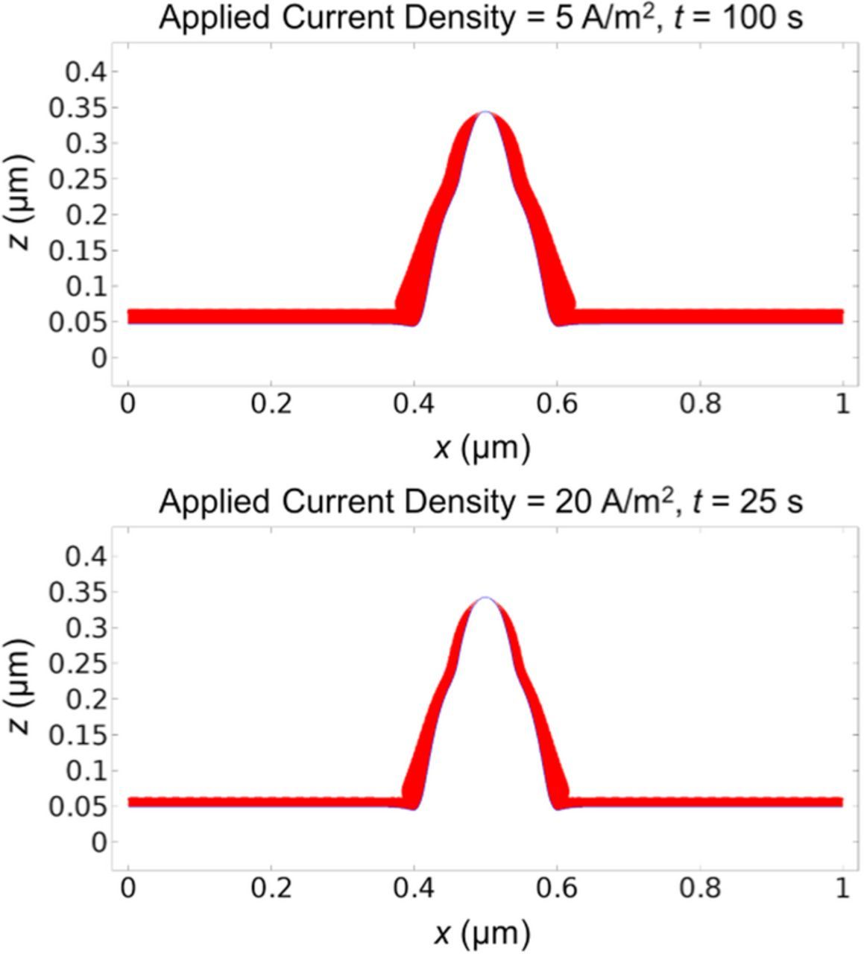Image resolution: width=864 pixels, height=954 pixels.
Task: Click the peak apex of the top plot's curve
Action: click(486, 113)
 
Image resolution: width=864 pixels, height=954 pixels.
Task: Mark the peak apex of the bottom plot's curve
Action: click(486, 598)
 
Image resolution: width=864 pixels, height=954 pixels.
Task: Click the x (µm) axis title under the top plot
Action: click(482, 448)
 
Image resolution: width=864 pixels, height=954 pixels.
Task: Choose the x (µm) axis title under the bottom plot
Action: click(482, 932)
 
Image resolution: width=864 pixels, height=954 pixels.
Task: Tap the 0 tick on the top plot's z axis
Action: click(98, 358)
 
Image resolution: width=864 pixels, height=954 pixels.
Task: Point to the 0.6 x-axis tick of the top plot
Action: click(557, 404)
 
